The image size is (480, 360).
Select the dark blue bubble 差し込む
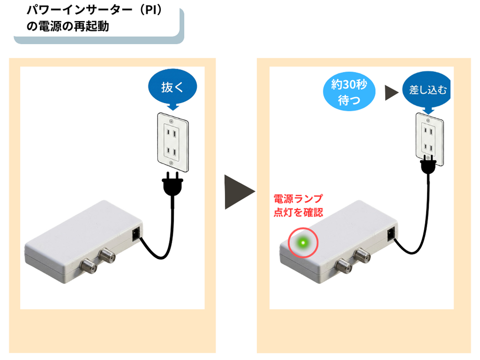pos(427,90)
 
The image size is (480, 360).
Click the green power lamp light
pos(303,243)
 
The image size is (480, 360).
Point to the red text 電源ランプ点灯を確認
pos(298,205)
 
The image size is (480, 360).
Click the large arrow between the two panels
pos(239,192)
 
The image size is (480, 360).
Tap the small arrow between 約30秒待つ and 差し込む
pos(392,93)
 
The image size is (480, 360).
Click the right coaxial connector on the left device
pos(107,255)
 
